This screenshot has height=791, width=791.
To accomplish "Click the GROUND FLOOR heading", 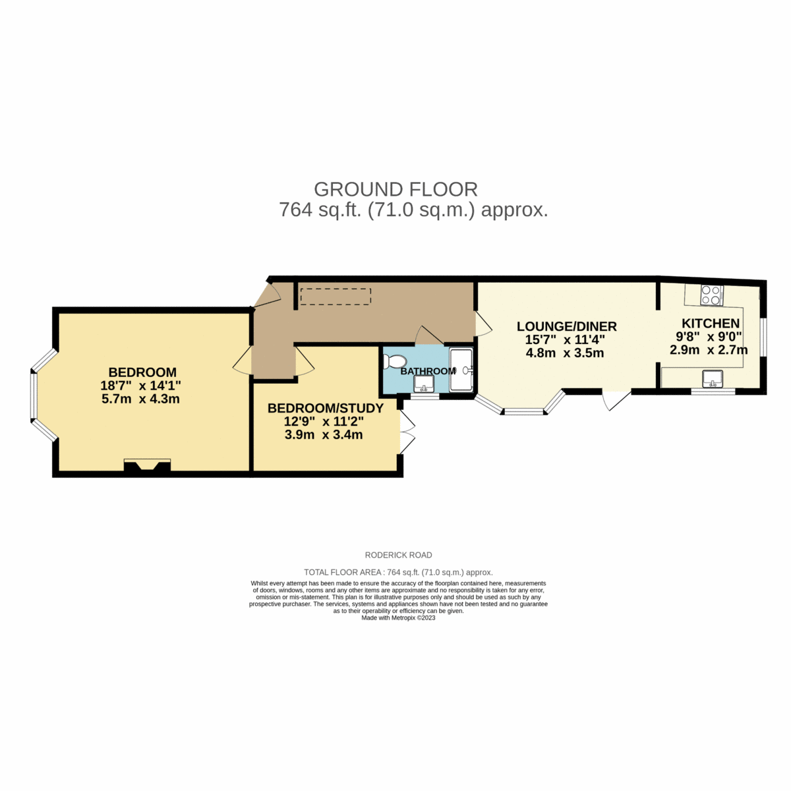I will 395,189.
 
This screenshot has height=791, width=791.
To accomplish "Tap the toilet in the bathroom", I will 395,361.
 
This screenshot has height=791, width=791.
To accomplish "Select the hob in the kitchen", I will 711,295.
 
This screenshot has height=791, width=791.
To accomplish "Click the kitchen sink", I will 713,379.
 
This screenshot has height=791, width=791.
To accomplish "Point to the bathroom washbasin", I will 424,383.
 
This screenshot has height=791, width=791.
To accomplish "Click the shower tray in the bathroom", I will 461,370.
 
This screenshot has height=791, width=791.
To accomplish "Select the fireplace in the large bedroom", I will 147,465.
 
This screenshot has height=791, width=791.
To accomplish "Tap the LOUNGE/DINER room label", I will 566,326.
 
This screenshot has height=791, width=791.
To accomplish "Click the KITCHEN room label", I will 710,323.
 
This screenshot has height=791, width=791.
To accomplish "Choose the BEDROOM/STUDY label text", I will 325,409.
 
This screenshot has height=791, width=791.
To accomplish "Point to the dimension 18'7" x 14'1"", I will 140,386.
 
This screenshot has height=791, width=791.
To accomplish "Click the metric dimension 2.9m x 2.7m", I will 709,350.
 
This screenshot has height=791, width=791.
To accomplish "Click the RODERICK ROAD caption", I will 398,555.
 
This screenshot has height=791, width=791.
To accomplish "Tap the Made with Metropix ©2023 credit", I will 398,618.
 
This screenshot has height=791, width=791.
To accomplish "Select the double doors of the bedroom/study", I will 406,432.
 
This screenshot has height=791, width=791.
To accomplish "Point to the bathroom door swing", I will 428,336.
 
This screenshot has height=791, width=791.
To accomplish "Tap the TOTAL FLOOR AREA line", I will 398,572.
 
